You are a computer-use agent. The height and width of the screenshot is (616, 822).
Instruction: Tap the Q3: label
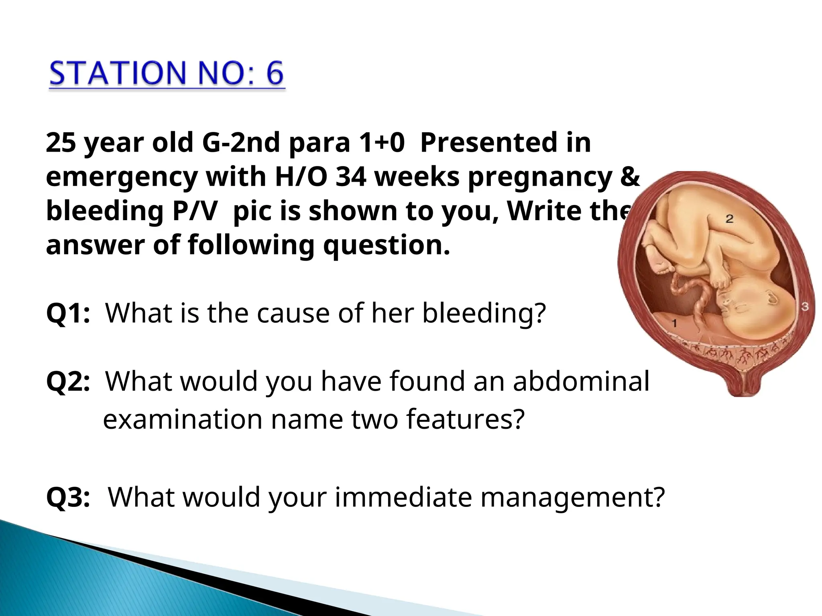pos(68,497)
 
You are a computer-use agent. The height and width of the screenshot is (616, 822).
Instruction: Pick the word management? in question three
pos(572,498)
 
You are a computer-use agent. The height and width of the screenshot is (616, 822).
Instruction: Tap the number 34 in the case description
pos(350,176)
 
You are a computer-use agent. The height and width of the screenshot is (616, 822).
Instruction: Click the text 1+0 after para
pos(381,143)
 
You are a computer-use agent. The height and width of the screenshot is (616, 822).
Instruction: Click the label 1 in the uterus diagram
pos(674,323)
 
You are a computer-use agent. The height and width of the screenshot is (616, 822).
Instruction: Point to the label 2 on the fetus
pos(729,219)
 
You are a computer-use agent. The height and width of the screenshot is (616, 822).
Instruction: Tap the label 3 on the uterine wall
pos(805,307)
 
